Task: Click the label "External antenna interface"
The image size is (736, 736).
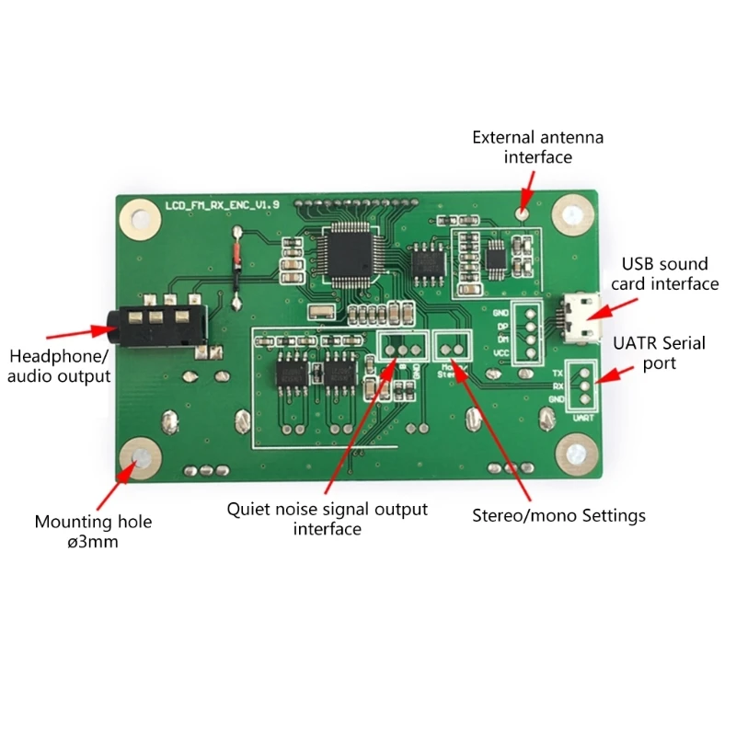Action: (537, 147)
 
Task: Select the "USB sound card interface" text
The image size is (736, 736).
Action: (670, 274)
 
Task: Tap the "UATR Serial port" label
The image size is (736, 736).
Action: (659, 353)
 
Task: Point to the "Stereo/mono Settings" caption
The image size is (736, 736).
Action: (558, 515)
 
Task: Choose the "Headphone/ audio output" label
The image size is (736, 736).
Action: (60, 365)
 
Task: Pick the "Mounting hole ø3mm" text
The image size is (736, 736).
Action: (93, 532)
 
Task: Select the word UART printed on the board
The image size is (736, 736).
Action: (582, 417)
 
